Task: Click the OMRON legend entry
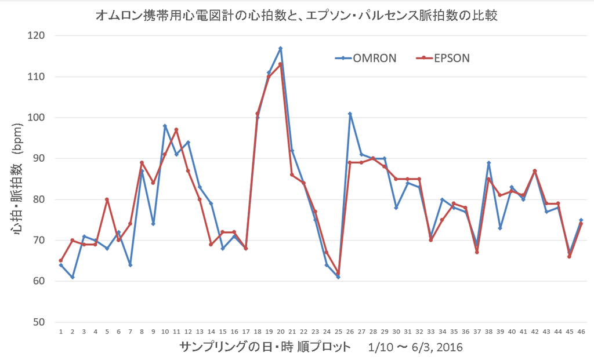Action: click(x=366, y=58)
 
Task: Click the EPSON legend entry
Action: click(x=443, y=58)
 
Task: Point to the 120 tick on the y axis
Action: click(x=44, y=36)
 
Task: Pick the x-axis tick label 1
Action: click(x=61, y=332)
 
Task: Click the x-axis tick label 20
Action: click(x=280, y=332)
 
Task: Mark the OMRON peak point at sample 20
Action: click(x=280, y=48)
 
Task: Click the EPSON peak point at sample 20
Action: click(x=280, y=64)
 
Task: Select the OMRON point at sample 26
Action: click(x=350, y=114)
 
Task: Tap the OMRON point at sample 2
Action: click(x=73, y=277)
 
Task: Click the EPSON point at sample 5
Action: click(x=107, y=199)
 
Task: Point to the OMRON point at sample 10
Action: click(x=165, y=126)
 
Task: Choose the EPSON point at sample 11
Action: click(x=176, y=130)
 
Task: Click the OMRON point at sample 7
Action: click(x=130, y=265)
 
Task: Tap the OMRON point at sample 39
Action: click(x=500, y=228)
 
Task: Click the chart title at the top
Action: click(x=297, y=16)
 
